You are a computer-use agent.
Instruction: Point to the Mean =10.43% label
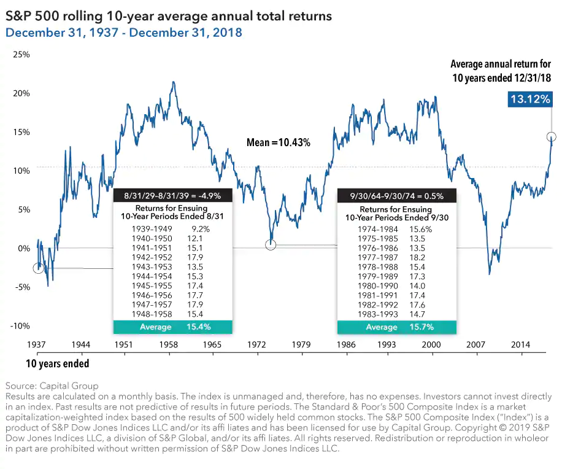click(278, 142)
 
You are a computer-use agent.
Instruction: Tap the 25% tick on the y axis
click(21, 55)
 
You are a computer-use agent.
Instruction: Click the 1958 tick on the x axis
click(168, 345)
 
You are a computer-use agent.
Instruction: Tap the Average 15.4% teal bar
click(172, 327)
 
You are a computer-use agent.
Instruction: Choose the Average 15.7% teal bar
click(397, 327)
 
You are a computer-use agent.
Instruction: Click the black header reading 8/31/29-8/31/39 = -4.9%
click(172, 196)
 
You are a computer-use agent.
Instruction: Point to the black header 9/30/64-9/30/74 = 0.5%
click(397, 196)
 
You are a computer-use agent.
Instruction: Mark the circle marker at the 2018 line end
click(552, 137)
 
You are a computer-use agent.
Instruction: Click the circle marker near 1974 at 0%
click(271, 245)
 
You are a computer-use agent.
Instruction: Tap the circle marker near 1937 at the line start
click(39, 268)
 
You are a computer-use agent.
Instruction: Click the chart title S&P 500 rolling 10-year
click(169, 16)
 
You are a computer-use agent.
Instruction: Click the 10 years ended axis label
click(57, 363)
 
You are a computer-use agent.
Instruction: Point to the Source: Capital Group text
click(52, 386)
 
